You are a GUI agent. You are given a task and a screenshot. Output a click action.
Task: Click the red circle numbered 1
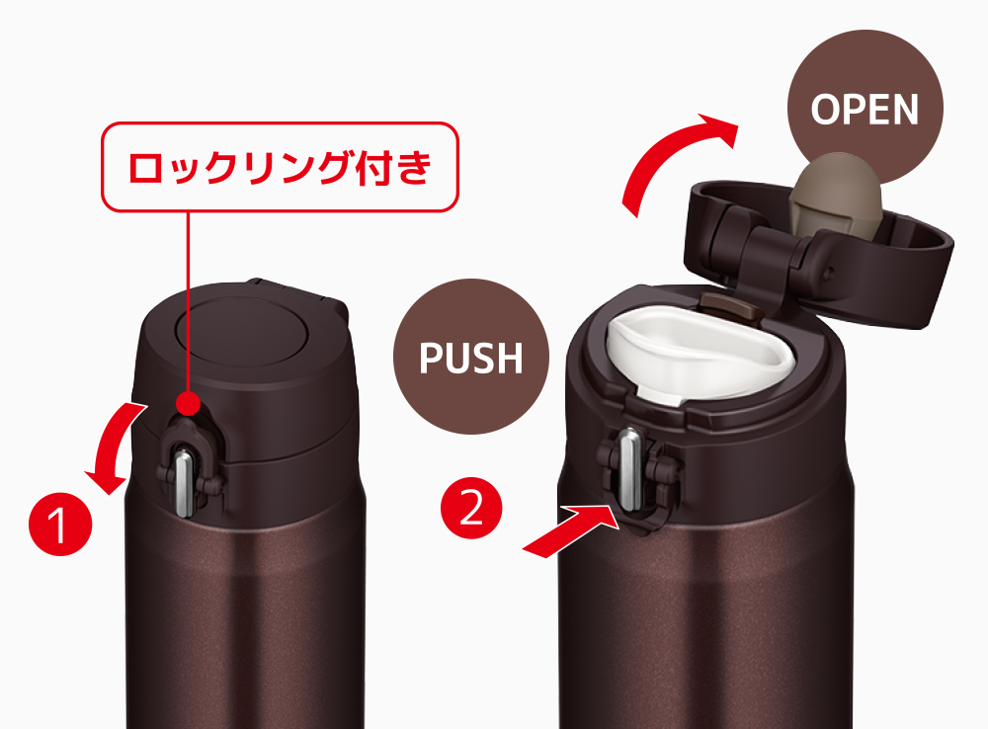point(60,525)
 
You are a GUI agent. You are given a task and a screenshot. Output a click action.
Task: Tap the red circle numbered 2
point(471,507)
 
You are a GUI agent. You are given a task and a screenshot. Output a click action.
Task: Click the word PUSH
point(471,358)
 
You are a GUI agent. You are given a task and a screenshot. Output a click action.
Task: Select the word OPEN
point(864,110)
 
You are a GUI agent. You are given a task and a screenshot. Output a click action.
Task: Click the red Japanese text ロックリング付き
point(280,167)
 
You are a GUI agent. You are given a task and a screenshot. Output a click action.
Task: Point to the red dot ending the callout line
point(188,403)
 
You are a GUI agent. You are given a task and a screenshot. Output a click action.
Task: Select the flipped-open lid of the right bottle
point(819,252)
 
